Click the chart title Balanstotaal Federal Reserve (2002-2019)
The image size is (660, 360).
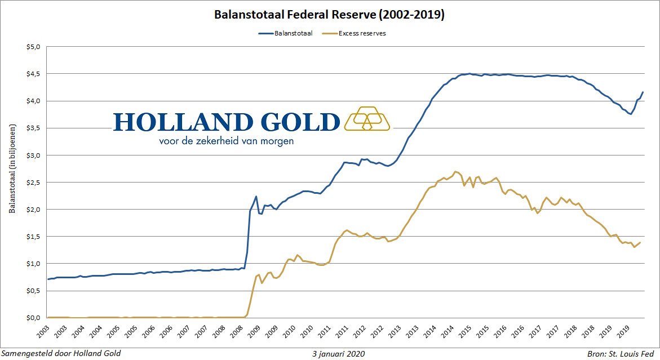point(330,15)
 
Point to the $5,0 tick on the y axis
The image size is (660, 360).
point(34,47)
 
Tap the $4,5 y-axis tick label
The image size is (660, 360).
point(34,74)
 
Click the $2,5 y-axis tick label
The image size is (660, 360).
point(34,182)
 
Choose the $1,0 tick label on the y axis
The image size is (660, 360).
point(34,263)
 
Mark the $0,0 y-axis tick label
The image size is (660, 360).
point(34,317)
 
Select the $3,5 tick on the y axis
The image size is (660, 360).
point(34,128)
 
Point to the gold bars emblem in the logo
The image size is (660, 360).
point(367,118)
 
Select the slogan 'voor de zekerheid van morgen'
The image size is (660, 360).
point(226,141)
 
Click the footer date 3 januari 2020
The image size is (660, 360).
point(338,354)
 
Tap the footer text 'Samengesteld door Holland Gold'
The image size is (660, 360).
point(61,354)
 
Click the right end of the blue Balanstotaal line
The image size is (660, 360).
point(643,92)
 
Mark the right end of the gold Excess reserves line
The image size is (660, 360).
point(640,243)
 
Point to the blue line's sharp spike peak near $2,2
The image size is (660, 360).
point(256,197)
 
